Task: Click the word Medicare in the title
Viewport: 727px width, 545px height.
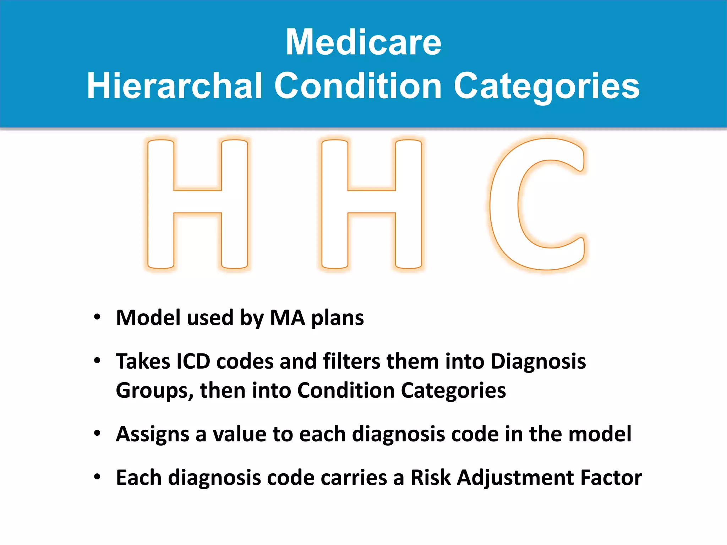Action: point(363,43)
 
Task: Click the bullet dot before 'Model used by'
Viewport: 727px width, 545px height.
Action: point(97,316)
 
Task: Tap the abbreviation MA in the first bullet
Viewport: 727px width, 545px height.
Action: point(287,318)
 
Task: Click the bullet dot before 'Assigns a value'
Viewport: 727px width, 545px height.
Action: point(97,433)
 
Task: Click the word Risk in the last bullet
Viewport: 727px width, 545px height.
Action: point(430,478)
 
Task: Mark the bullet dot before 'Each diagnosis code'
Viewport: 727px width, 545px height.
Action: point(97,477)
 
